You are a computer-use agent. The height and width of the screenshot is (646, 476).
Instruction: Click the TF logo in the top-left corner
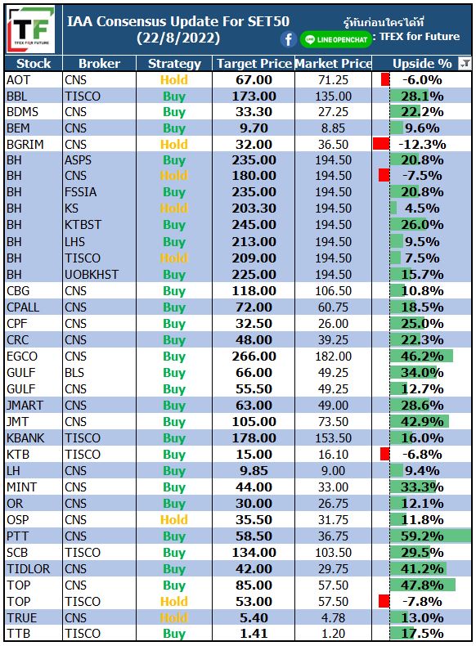pyautogui.click(x=32, y=29)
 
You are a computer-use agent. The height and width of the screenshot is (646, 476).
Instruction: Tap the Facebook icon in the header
pyautogui.click(x=289, y=39)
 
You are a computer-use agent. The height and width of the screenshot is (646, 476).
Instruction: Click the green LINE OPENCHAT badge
pyautogui.click(x=336, y=39)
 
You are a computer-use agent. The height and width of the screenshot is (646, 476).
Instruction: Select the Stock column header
pyautogui.click(x=34, y=64)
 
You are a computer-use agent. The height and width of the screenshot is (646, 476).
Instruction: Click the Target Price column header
pyautogui.click(x=254, y=64)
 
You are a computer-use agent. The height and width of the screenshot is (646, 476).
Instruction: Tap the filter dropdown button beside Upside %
pyautogui.click(x=465, y=64)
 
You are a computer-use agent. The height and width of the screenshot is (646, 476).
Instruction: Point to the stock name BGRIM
pyautogui.click(x=25, y=145)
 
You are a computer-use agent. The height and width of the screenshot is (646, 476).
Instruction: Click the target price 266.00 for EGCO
pyautogui.click(x=254, y=356)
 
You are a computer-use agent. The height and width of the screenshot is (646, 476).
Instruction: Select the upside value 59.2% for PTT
pyautogui.click(x=422, y=536)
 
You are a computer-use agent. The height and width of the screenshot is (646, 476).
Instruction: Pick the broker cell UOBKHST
pyautogui.click(x=92, y=275)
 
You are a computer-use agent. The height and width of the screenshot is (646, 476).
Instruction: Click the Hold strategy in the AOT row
pyautogui.click(x=174, y=80)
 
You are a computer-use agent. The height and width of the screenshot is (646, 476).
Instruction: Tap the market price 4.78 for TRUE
pyautogui.click(x=333, y=618)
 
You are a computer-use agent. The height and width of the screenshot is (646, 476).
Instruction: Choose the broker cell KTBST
pyautogui.click(x=83, y=225)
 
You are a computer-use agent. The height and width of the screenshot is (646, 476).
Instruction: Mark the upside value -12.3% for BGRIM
pyautogui.click(x=422, y=145)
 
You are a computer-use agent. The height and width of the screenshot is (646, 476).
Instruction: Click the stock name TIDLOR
pyautogui.click(x=28, y=569)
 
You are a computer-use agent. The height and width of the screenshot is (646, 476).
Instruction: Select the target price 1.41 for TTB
pyautogui.click(x=254, y=633)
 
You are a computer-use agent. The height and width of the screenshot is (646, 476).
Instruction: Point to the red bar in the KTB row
pyautogui.click(x=385, y=454)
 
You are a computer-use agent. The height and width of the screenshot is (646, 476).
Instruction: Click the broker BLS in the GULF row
pyautogui.click(x=74, y=372)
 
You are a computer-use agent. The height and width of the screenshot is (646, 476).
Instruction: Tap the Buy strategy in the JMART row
pyautogui.click(x=174, y=406)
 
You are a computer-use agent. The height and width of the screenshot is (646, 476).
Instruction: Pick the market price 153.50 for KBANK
pyautogui.click(x=333, y=438)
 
